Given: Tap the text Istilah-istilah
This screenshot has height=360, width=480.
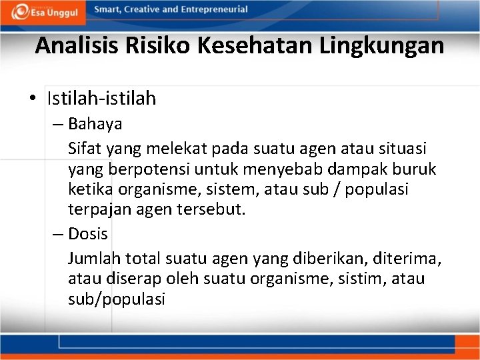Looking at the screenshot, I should [101, 99].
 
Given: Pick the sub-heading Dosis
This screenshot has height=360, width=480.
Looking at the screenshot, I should [88, 234].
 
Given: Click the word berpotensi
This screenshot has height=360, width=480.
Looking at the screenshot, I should [141, 169].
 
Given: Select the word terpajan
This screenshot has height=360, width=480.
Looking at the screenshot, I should [95, 210].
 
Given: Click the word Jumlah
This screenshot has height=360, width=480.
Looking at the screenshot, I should [91, 257].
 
